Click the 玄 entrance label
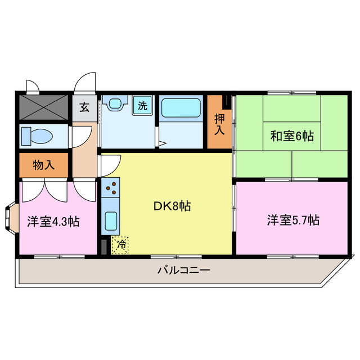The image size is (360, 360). pos(84,107)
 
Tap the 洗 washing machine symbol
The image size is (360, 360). pos(142,105)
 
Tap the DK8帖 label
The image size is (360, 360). pos(172,206)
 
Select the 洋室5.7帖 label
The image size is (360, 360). pos(293,220)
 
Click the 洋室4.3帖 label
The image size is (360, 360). pos(53,221)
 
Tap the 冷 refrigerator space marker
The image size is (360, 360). pos(120,245)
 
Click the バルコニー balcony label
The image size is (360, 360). pos(183,270)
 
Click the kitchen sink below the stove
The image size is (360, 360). pos(110,220)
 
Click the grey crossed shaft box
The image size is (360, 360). pos(43,107)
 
